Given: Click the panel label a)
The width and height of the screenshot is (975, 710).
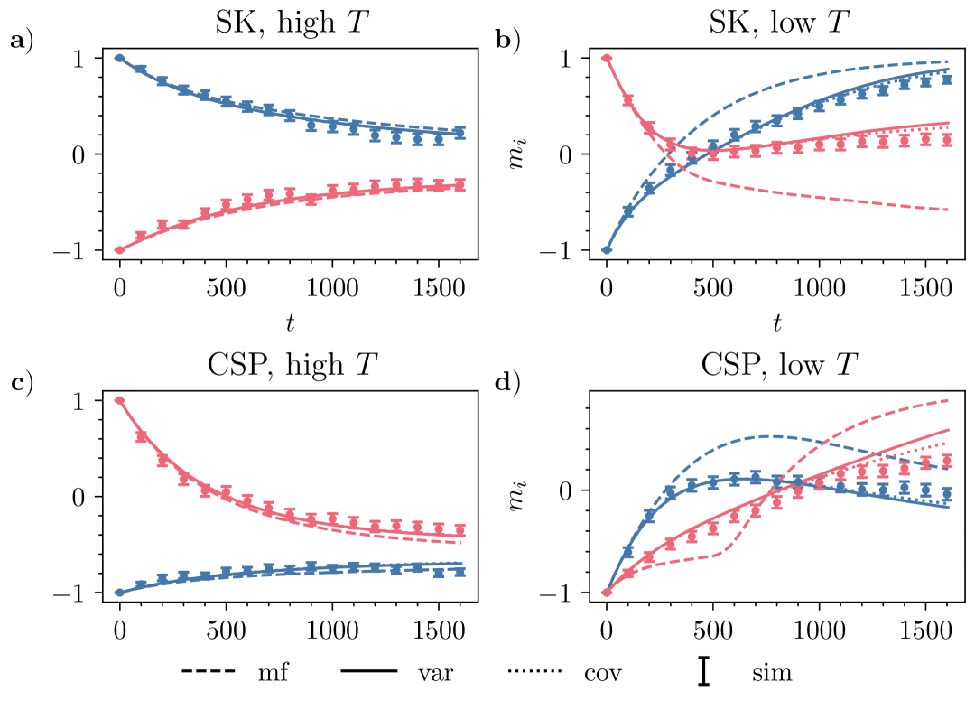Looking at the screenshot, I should [21, 41].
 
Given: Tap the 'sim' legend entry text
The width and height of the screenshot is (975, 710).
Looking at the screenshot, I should [772, 673].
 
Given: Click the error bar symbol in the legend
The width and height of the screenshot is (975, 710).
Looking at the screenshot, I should [703, 672].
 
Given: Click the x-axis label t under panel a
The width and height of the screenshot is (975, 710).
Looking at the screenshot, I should [291, 321].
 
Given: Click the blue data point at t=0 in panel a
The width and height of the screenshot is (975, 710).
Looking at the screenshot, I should [120, 58].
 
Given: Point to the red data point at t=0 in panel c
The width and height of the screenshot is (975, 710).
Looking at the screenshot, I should [120, 400].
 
